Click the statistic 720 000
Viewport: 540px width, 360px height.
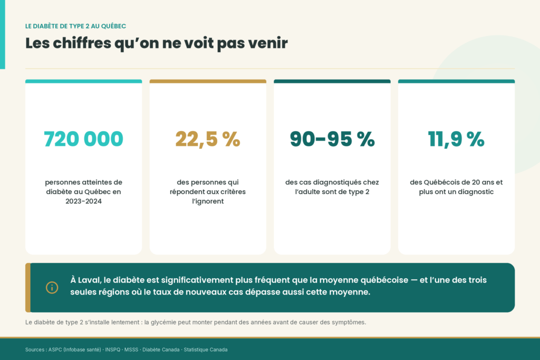(x=83, y=139)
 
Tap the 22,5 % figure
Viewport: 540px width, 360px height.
(x=208, y=139)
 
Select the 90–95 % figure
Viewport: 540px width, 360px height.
(x=332, y=139)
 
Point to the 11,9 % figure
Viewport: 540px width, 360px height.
(x=456, y=139)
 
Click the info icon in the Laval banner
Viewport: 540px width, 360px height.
(x=52, y=287)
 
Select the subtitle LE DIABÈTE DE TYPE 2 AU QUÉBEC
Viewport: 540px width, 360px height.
(x=75, y=26)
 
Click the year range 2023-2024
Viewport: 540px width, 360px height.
(x=84, y=201)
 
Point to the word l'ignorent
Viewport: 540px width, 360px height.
(x=208, y=201)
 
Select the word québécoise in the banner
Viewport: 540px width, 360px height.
(x=384, y=280)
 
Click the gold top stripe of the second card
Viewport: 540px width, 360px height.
(x=208, y=82)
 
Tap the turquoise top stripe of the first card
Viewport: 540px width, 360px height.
(x=83, y=82)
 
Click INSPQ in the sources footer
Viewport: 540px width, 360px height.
(x=113, y=349)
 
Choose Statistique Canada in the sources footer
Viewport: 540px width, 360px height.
(x=206, y=349)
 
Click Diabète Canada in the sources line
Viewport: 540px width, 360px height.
(x=161, y=349)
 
